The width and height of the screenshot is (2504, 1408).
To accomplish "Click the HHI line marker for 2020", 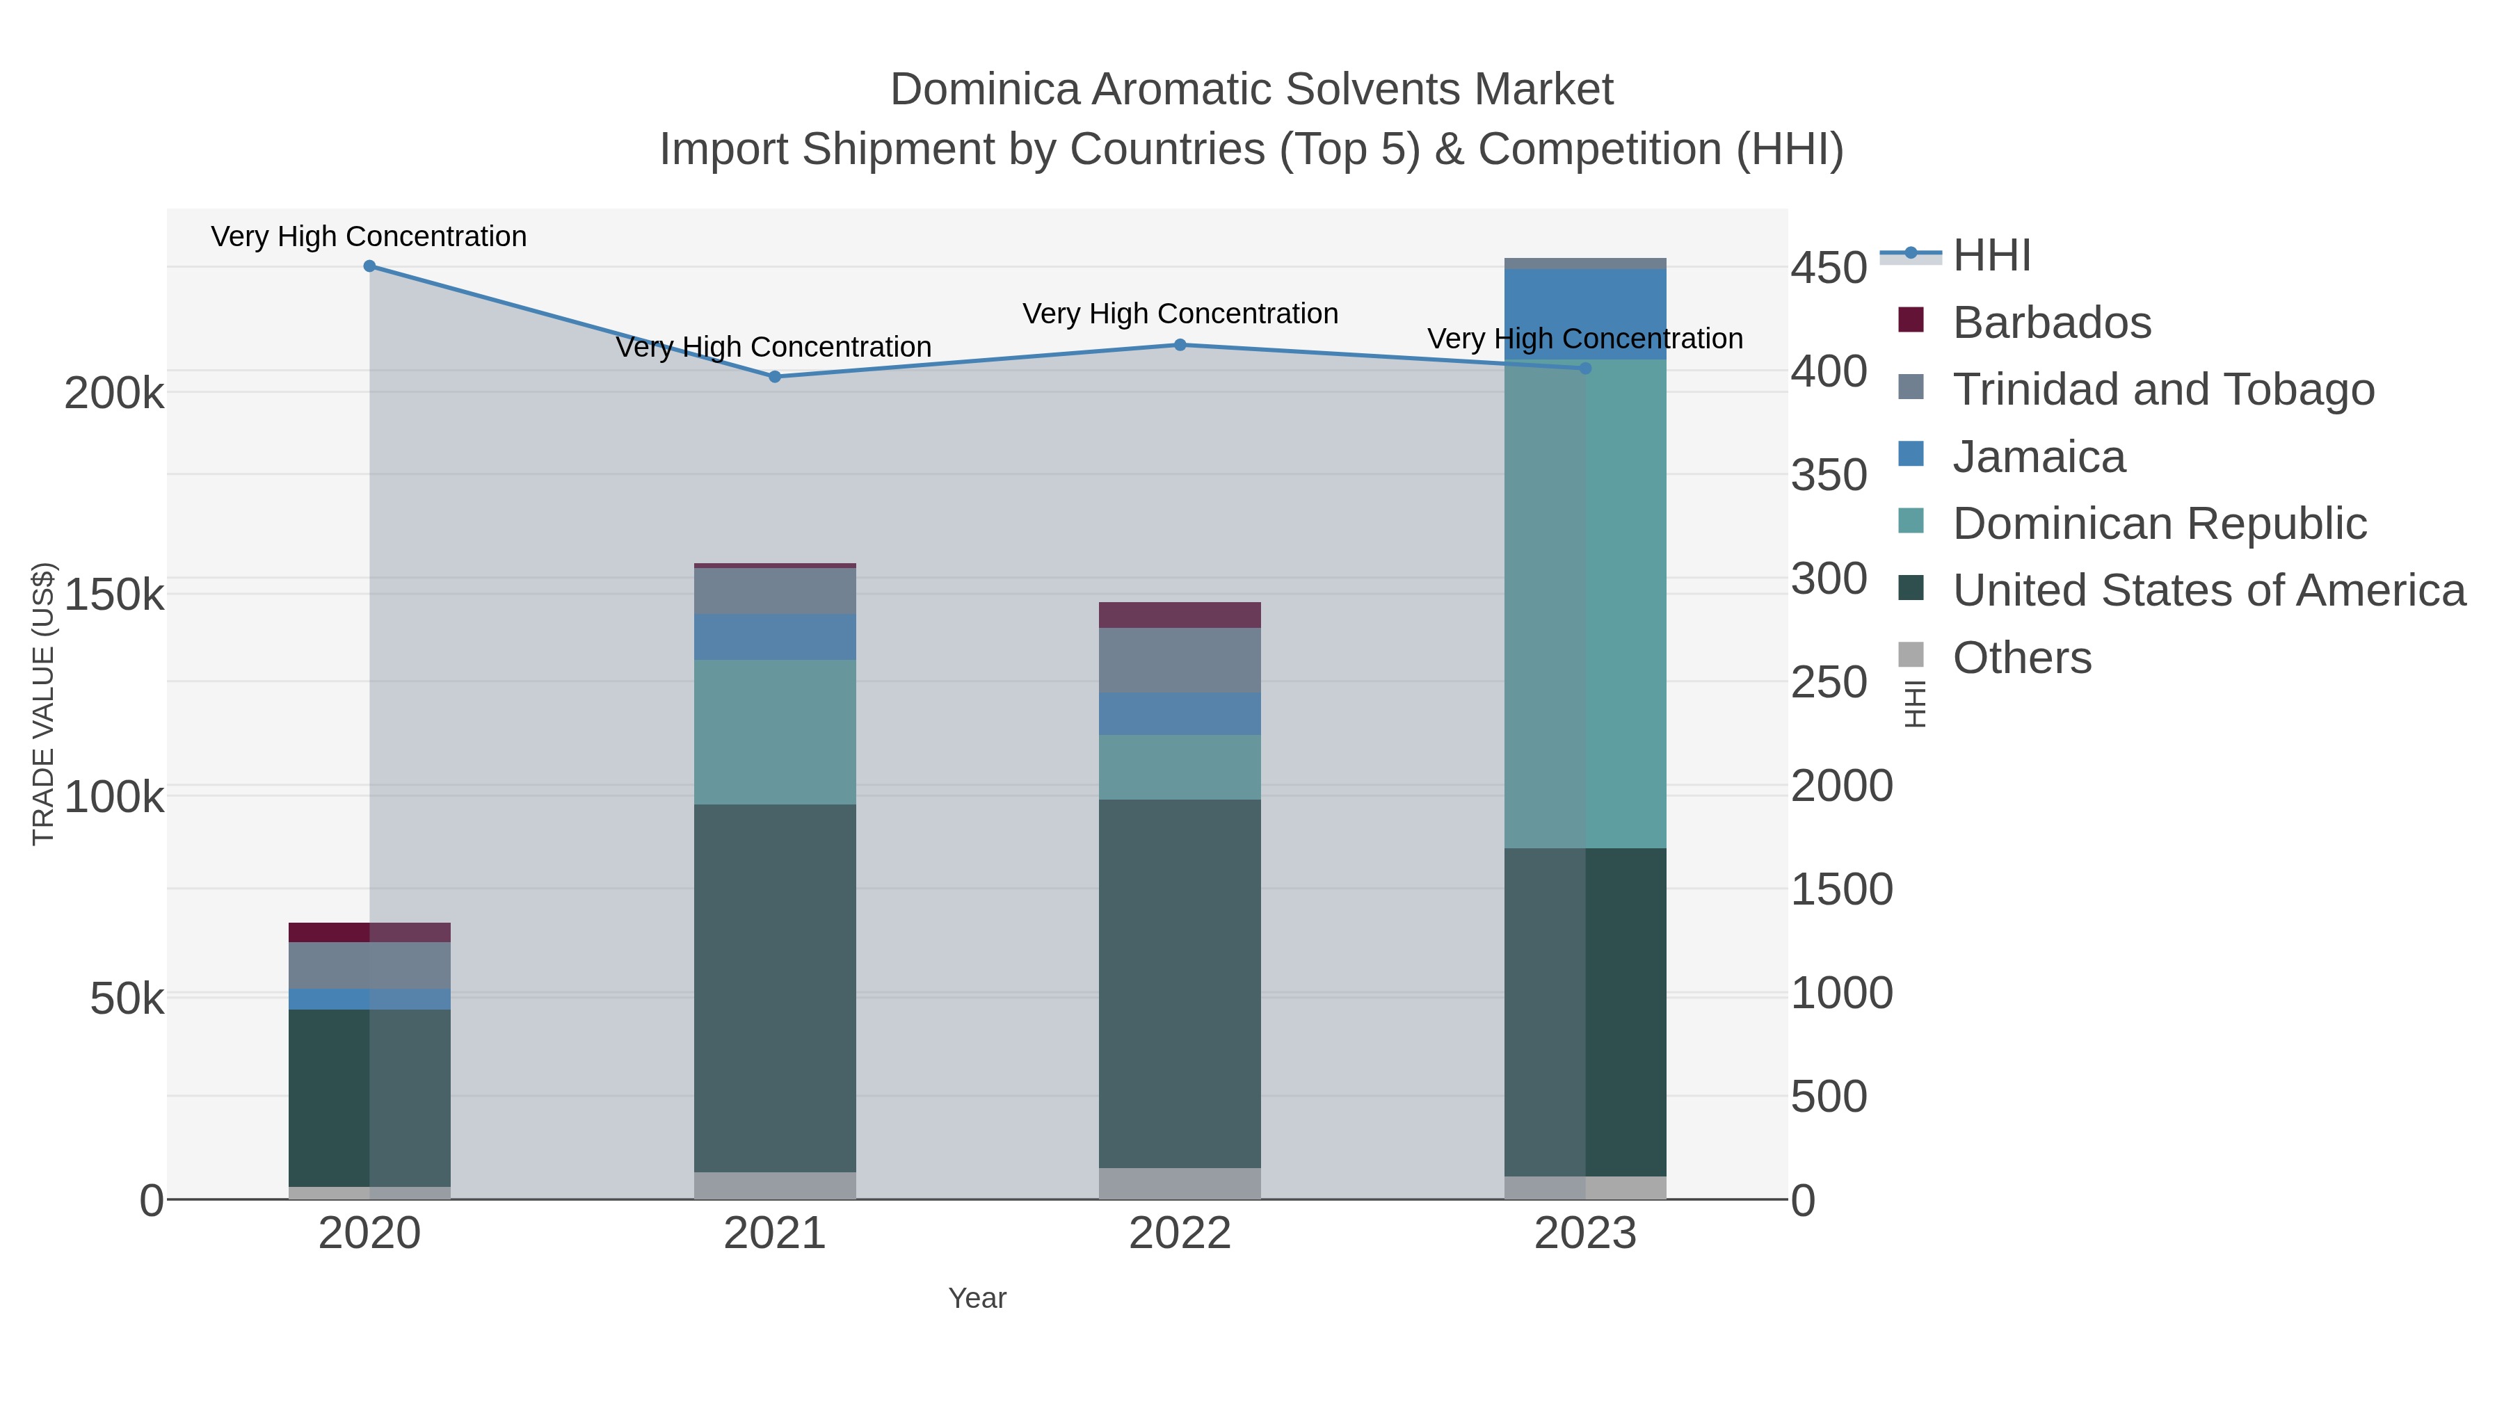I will [x=369, y=266].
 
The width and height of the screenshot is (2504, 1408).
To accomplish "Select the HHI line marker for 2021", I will [x=775, y=377].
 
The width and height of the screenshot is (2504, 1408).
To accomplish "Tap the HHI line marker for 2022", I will [x=1180, y=345].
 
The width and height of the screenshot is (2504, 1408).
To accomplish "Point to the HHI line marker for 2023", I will [x=1585, y=369].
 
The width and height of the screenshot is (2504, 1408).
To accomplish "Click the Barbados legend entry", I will [x=2051, y=323].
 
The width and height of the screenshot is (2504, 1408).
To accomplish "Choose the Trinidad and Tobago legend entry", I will [x=2162, y=389].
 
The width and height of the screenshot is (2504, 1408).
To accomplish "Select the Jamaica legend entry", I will [x=2039, y=457].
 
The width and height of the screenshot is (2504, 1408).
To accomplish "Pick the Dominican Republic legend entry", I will [x=2159, y=524].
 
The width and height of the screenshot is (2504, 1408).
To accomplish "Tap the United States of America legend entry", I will [x=2208, y=591].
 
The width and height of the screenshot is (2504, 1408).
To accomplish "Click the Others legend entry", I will [x=2022, y=658].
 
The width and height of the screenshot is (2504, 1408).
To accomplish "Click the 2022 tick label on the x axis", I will [x=1180, y=1234].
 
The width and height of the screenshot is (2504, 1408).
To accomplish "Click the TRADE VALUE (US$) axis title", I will [x=44, y=704].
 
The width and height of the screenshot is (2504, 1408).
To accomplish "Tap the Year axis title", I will [x=977, y=1298].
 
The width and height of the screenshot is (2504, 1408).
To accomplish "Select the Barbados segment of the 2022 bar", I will [x=1180, y=615].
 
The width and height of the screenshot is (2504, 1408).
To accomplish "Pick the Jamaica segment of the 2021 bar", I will [x=775, y=638].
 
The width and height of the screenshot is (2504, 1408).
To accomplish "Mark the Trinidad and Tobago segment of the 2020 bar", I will [x=369, y=966].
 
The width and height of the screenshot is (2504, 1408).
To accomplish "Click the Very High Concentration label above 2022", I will [x=1180, y=314].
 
